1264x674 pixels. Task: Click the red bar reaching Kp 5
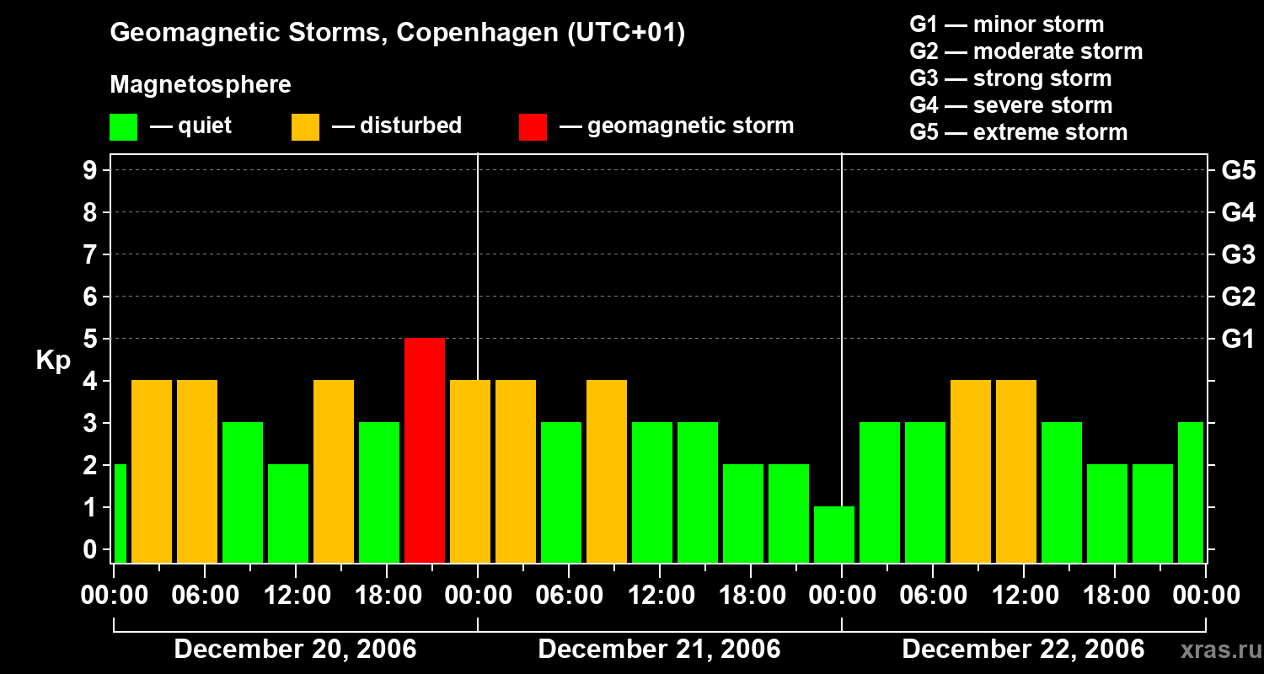point(425,450)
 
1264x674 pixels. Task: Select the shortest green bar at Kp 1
point(834,534)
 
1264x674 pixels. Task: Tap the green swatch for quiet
point(123,126)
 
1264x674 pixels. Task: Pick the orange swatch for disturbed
point(305,126)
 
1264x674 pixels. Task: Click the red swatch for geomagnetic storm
point(533,126)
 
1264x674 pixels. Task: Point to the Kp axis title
point(53,361)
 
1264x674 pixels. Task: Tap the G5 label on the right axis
point(1238,170)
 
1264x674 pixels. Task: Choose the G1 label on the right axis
point(1238,339)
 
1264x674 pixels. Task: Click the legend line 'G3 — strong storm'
point(1010,78)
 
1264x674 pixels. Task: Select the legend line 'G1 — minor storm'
point(1006,24)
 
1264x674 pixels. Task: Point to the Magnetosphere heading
point(201,85)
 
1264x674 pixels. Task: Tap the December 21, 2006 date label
point(659,650)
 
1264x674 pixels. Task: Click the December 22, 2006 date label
point(1023,650)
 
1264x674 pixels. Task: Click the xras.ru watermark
point(1220,650)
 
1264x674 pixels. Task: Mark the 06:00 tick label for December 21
point(570,596)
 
